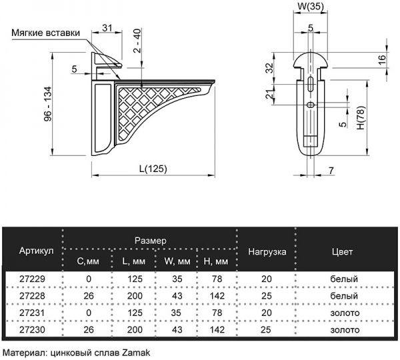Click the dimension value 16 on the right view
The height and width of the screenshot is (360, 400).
click(x=381, y=58)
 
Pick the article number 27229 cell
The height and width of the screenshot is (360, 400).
click(x=31, y=278)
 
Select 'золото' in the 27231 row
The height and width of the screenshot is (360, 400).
click(x=345, y=313)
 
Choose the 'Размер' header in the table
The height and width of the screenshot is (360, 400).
click(x=150, y=239)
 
